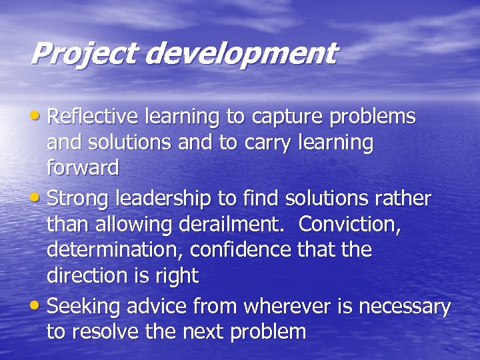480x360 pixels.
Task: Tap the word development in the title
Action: (x=241, y=54)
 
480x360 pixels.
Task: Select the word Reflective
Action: (x=87, y=117)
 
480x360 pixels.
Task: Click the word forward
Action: (x=83, y=168)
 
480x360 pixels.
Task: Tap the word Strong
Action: (x=79, y=199)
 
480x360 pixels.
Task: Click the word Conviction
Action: (x=350, y=225)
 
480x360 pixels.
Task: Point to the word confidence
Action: (x=241, y=250)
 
